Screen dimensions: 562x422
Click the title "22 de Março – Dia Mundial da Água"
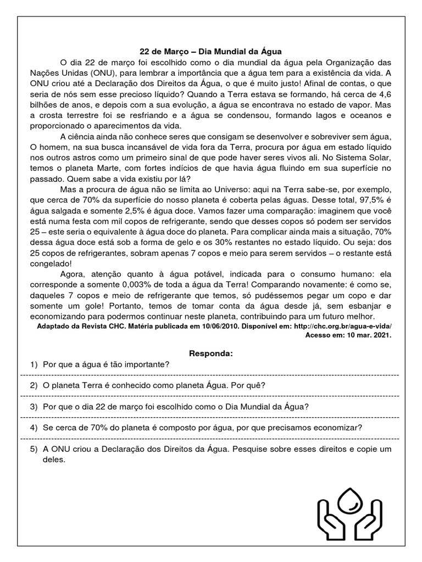211,50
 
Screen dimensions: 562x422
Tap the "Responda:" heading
211,353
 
